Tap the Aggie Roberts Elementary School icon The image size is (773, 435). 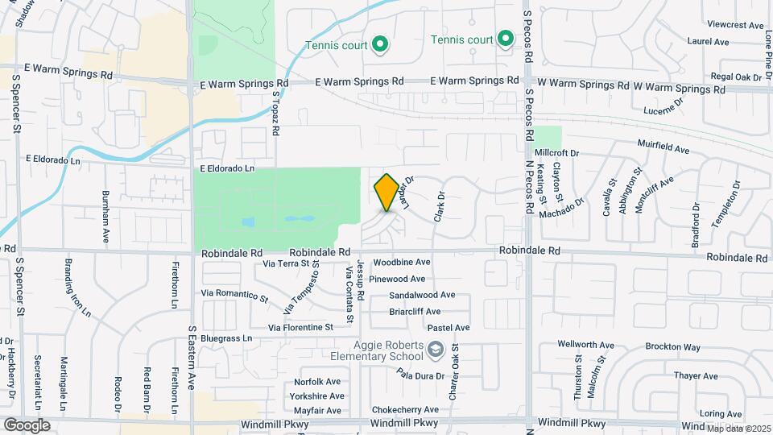pos(436,350)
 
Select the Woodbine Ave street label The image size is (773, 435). pos(401,263)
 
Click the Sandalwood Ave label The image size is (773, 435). pos(423,296)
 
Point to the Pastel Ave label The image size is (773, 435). pos(449,328)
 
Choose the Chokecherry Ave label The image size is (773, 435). pos(405,410)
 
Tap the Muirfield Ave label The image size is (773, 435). pos(665,150)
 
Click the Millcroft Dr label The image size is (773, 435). pos(556,153)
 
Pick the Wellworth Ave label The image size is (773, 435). pos(585,344)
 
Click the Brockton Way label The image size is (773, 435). pos(672,347)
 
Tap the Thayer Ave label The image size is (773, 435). pos(696,376)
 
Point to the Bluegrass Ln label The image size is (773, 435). pos(226,338)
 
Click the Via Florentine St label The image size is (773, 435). pos(300,328)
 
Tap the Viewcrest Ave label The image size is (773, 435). pos(733,26)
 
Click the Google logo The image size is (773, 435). pos(27,425)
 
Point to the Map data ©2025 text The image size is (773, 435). pos(738,428)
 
